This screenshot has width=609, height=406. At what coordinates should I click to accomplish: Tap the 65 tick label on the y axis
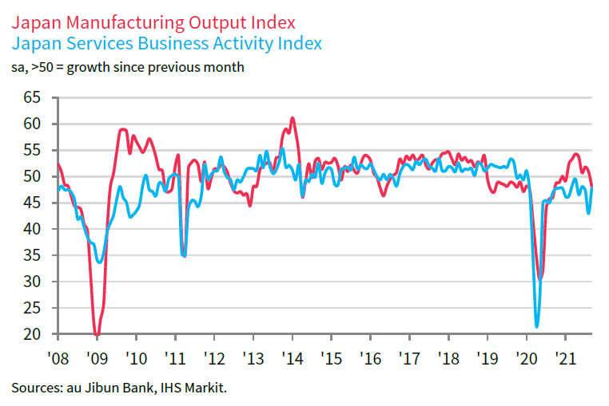[32, 97]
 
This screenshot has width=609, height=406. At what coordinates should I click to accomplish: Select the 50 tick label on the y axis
[32, 176]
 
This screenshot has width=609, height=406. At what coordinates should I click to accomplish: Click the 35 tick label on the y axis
[32, 255]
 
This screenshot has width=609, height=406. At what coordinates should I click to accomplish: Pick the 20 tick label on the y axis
[32, 334]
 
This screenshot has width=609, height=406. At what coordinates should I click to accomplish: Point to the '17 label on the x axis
[409, 357]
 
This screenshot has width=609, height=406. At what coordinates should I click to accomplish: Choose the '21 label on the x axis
[566, 357]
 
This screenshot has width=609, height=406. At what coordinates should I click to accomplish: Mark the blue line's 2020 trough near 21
[536, 325]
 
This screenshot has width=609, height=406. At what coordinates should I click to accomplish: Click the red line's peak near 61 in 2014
[293, 118]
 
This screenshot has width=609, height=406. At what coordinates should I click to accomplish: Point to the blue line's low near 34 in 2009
[99, 262]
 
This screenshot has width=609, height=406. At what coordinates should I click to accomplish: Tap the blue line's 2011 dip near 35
[185, 256]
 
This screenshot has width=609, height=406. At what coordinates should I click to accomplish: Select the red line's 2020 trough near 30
[541, 278]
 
